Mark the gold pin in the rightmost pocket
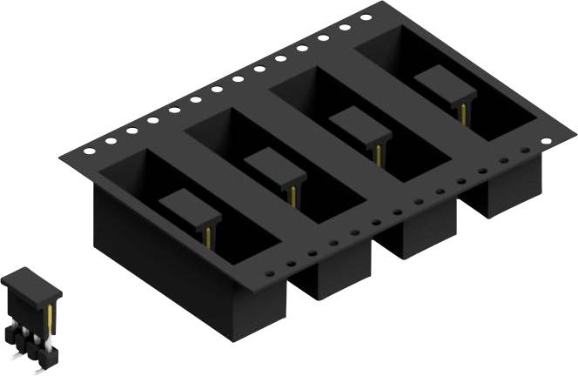(x=461, y=113)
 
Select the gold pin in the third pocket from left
(x=378, y=155)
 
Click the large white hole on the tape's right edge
(x=546, y=141)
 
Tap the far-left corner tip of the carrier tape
(x=61, y=159)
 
